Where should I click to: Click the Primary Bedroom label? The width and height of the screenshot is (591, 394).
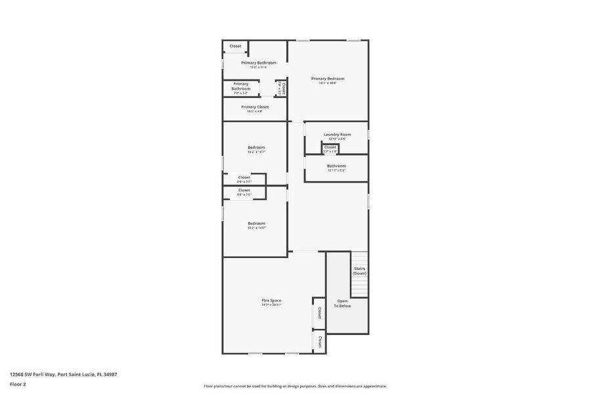328,79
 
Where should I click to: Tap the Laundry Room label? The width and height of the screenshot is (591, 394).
337,135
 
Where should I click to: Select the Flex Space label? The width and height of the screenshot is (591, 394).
271,300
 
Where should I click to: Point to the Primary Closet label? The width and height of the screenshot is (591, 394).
255,107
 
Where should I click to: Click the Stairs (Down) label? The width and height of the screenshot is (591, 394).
359,271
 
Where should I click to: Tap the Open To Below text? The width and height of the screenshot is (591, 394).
342,303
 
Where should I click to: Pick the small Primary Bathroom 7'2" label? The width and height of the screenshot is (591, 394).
240,86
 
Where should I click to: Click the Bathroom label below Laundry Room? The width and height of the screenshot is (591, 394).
336,166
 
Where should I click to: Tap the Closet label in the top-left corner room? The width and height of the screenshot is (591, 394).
235,46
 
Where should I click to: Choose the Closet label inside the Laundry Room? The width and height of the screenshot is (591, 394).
330,147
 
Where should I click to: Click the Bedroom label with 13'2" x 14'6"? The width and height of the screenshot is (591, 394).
256,223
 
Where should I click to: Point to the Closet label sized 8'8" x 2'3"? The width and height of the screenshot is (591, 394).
244,177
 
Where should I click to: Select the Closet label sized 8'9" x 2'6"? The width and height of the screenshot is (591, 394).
244,190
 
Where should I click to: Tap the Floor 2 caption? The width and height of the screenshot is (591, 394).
17,383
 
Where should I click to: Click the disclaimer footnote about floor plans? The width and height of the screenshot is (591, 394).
295,386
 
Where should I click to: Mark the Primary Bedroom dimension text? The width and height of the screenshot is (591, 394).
328,83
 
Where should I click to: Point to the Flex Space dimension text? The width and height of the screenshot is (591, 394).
271,305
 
